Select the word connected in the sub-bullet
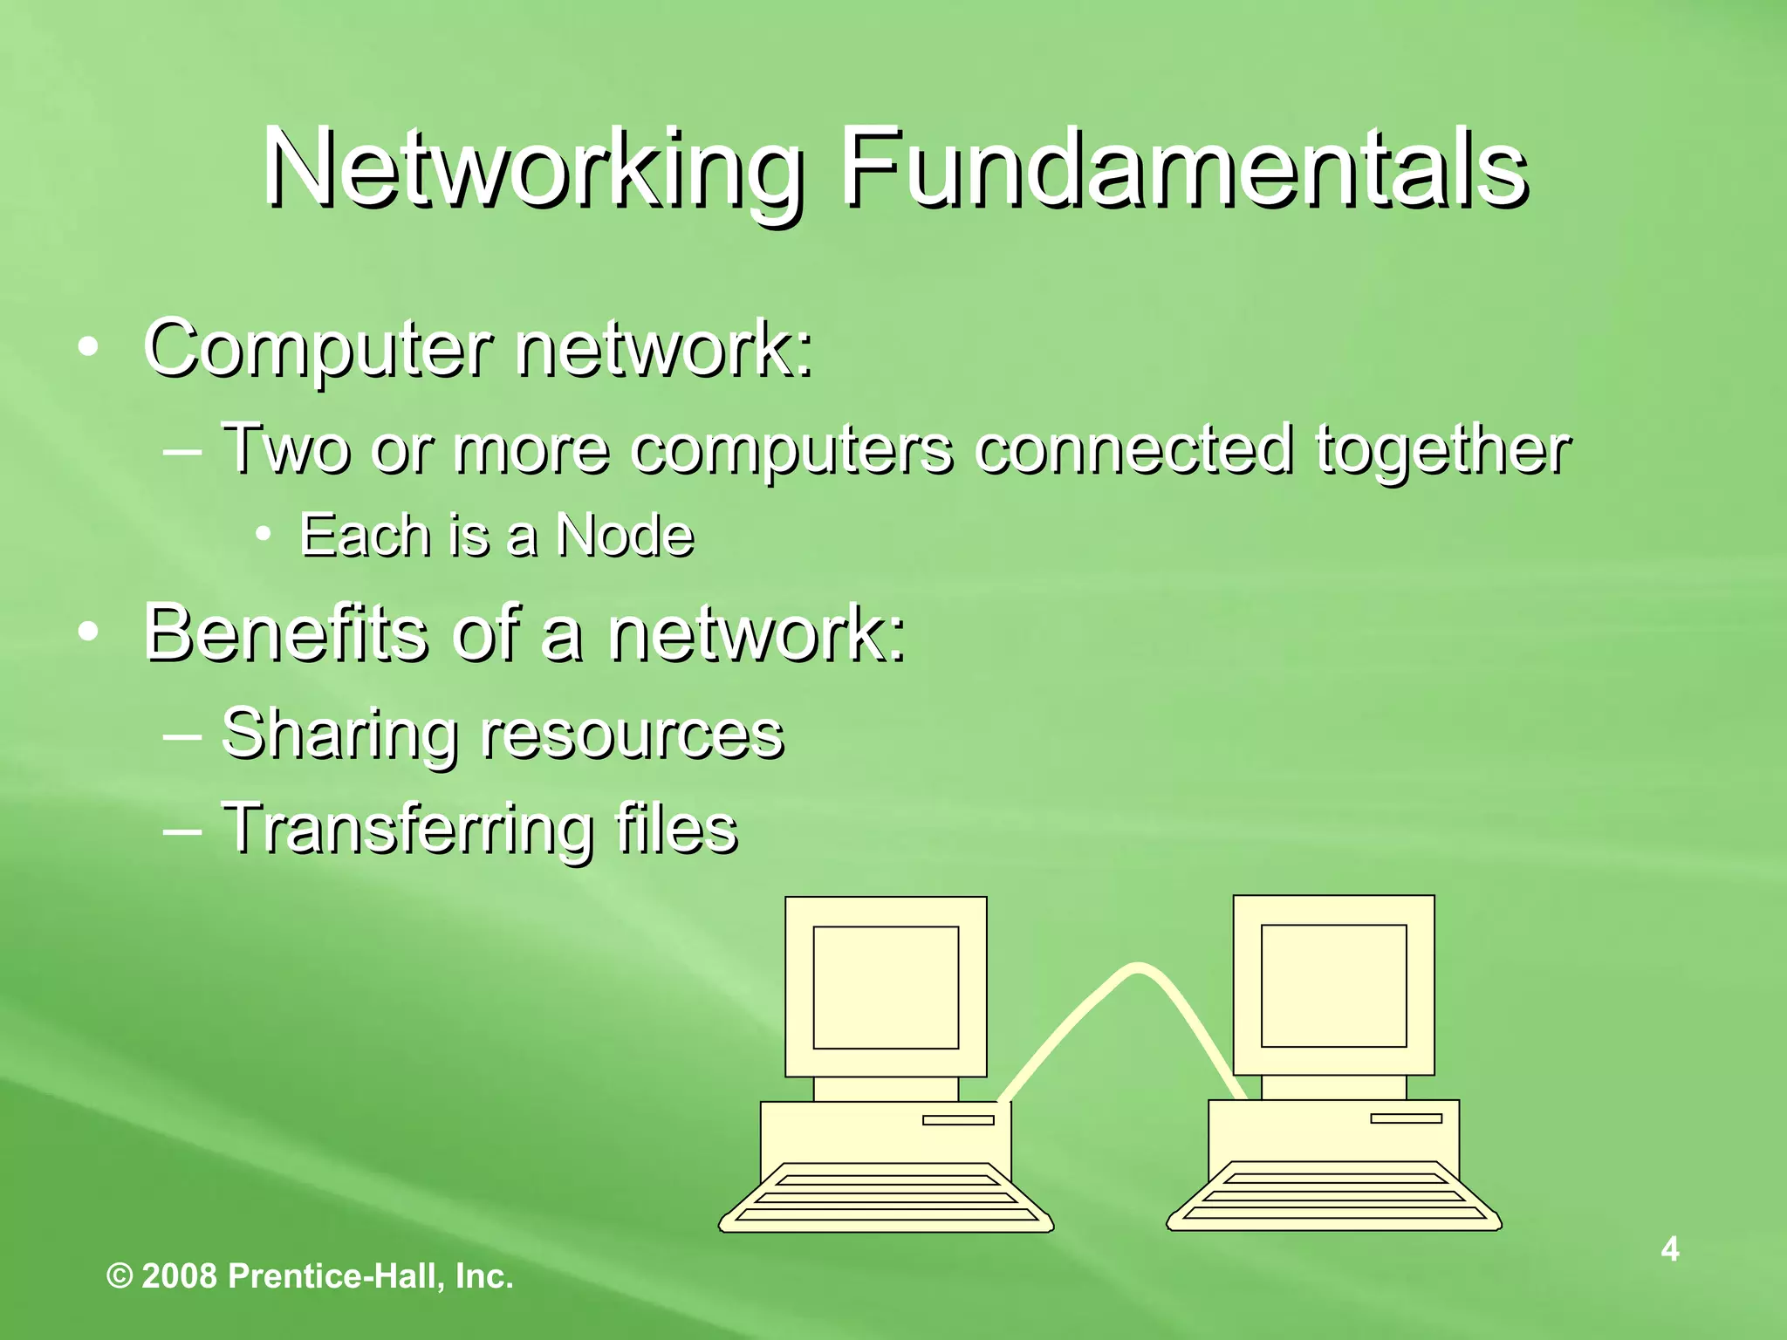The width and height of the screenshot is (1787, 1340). (x=1133, y=449)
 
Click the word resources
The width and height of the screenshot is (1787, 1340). (x=632, y=735)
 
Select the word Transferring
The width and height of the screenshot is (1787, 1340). (x=407, y=829)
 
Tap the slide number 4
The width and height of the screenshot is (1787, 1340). (x=1669, y=1249)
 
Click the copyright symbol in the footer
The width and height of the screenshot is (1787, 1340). (x=120, y=1276)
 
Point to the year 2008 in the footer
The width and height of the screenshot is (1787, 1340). (x=179, y=1276)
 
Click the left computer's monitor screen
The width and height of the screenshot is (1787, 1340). (x=886, y=987)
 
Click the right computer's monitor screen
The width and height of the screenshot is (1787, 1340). (x=1333, y=985)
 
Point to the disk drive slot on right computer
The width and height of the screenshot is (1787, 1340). (x=1406, y=1118)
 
